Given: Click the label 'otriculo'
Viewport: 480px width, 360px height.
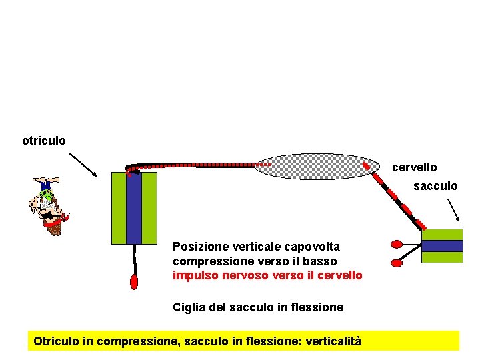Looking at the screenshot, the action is (44, 141).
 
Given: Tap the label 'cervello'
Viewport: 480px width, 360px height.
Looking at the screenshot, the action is (414, 167).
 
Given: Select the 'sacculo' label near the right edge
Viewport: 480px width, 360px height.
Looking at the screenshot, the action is (435, 186).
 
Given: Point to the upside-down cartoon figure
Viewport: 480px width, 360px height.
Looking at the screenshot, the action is (47, 205).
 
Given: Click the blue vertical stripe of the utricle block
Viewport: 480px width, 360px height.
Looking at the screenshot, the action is (134, 207).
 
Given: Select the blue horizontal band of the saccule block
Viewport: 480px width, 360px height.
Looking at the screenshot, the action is (442, 246).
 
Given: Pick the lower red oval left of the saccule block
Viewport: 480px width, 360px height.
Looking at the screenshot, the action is (397, 263).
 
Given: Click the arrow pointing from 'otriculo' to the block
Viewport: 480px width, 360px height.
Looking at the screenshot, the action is (83, 163).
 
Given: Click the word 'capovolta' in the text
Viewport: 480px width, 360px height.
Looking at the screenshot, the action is (315, 247).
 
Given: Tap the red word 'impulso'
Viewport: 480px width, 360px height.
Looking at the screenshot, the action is (193, 275).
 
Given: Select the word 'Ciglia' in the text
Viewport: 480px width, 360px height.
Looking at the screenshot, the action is (188, 307).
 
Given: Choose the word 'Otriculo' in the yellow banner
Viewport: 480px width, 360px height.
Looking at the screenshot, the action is (56, 341).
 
